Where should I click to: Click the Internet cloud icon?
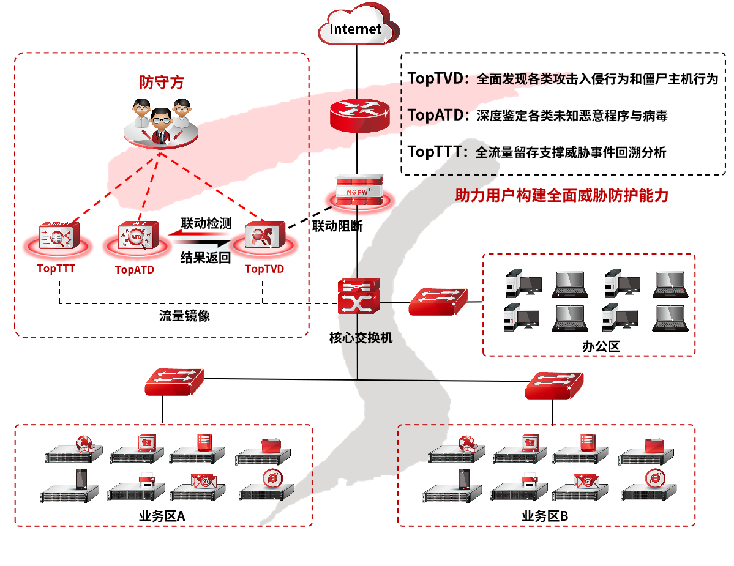point(357,28)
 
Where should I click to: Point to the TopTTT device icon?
point(56,236)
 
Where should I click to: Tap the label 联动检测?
point(206,223)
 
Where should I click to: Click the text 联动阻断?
point(337,226)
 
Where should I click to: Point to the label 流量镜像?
point(184,316)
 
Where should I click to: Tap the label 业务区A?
point(162,516)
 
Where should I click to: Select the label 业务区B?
point(545,516)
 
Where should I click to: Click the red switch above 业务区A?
point(174,381)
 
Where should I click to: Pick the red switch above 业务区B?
point(554,385)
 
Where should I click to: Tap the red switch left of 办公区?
point(438,300)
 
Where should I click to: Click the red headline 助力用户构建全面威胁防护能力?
point(561,195)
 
